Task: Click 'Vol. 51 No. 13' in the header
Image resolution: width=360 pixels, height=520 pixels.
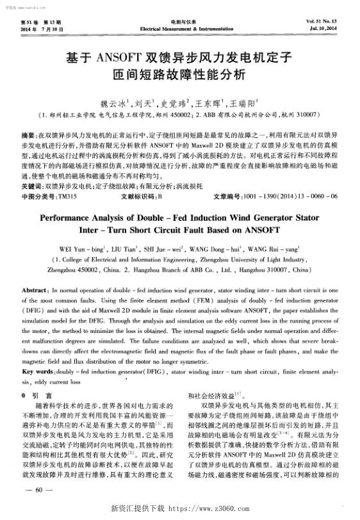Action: tap(327, 22)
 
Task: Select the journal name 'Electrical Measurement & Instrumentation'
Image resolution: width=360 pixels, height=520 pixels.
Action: tap(179, 29)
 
